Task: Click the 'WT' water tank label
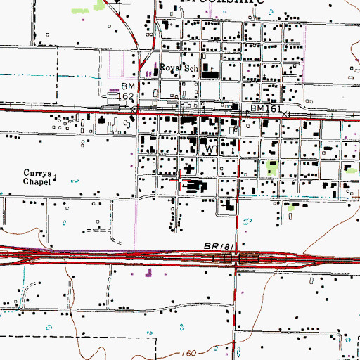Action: click(x=208, y=149)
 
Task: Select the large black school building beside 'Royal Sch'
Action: click(x=209, y=72)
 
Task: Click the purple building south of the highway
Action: click(x=148, y=272)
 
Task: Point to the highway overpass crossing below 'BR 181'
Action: click(x=235, y=259)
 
